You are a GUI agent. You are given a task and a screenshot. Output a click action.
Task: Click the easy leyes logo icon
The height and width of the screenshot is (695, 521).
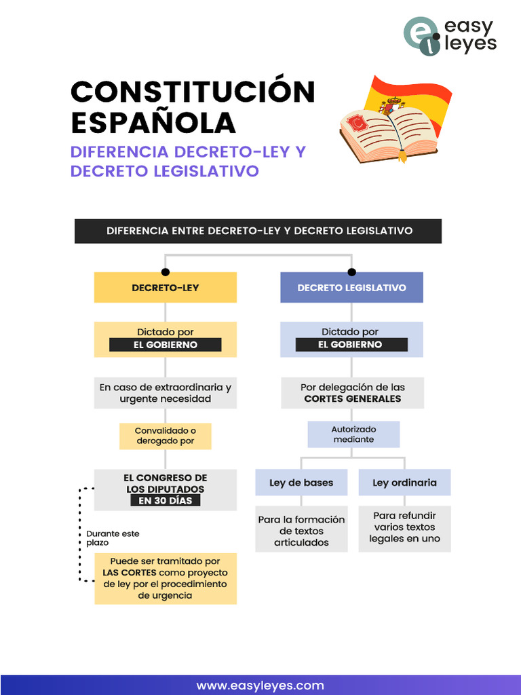[421, 36]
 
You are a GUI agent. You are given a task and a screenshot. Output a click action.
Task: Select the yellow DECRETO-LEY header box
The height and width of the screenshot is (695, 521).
[166, 287]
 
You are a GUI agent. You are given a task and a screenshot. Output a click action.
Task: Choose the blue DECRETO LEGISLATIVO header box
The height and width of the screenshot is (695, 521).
[352, 287]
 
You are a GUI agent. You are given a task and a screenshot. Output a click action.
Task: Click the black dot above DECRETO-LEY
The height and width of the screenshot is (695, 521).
[166, 271]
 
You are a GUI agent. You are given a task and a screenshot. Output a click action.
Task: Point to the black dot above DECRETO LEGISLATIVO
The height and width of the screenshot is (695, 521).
[352, 271]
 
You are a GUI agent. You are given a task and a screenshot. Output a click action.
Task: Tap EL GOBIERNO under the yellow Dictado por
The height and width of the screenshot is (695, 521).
[166, 345]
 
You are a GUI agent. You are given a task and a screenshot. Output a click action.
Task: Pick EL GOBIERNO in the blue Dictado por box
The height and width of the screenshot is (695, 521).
[352, 344]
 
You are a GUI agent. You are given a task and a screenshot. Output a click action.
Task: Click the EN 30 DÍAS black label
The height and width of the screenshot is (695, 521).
[166, 500]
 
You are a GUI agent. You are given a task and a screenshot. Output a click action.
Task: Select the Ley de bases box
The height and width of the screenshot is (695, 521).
[301, 483]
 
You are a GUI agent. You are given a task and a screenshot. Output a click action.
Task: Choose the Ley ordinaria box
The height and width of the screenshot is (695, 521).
[404, 483]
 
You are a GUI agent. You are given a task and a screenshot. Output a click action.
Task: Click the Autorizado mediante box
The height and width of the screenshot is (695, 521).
[353, 434]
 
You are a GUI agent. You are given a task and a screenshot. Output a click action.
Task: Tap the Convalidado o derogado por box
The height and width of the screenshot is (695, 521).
[166, 436]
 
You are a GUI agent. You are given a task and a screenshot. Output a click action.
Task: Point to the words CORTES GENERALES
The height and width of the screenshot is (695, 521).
[353, 398]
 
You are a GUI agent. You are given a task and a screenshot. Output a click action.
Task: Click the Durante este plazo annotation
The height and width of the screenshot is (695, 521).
[113, 538]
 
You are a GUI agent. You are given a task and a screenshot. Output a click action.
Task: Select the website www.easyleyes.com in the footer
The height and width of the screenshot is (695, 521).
[260, 685]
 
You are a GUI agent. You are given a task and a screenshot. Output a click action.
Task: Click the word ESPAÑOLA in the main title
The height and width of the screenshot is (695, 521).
[153, 123]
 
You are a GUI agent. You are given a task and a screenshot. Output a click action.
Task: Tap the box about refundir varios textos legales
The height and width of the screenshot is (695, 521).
[404, 529]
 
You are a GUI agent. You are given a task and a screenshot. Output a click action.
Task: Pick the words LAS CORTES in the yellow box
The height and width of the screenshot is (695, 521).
[130, 572]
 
